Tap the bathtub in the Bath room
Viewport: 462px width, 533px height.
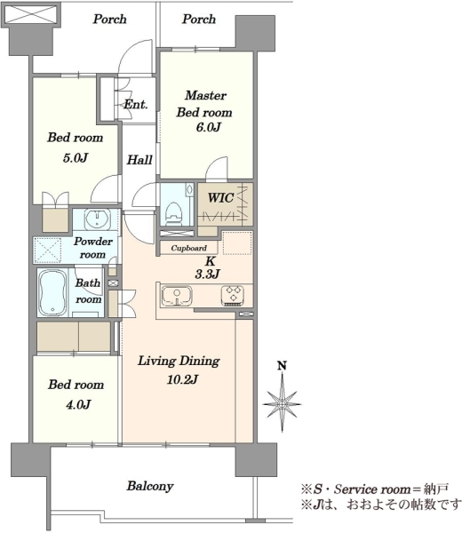click(52, 292)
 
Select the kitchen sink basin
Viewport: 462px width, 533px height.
click(177, 295)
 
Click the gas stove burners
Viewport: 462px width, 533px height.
click(233, 295)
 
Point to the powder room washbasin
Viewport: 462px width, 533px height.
click(97, 219)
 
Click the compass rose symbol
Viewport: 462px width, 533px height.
click(283, 402)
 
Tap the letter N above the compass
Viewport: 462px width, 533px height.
click(282, 365)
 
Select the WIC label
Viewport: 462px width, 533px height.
click(220, 197)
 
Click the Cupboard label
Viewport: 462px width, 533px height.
click(188, 248)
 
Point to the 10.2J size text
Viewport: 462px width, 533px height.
click(182, 379)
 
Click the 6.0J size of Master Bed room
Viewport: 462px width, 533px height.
click(209, 127)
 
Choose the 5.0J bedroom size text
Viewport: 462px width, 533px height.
click(76, 158)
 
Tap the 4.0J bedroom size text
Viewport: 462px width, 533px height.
click(78, 404)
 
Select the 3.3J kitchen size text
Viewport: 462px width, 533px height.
click(208, 274)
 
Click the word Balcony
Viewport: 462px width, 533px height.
click(150, 486)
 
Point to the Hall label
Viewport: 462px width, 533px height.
click(139, 159)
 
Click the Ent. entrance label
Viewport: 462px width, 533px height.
click(136, 104)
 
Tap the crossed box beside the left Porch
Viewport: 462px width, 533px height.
click(30, 15)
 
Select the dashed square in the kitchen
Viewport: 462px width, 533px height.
click(237, 243)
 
